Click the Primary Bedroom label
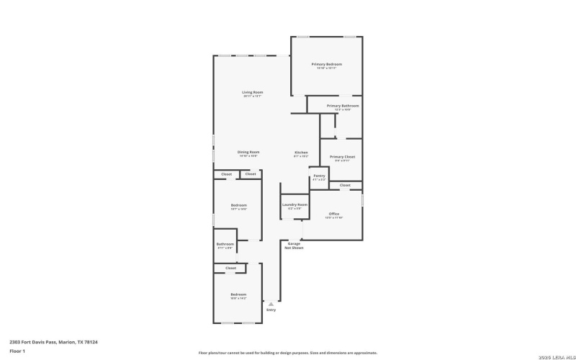(326, 64)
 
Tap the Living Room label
(252, 92)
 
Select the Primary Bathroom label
(343, 106)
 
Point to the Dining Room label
(248, 152)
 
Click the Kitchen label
(301, 152)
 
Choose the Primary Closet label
(343, 157)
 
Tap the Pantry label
(319, 176)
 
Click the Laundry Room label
(294, 205)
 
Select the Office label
(334, 214)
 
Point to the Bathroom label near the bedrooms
(225, 244)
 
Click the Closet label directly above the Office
(345, 185)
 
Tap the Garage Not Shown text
(294, 246)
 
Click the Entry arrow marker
(271, 304)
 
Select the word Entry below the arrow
(271, 310)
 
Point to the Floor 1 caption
(17, 351)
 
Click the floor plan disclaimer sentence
(288, 353)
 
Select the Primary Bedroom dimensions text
(326, 68)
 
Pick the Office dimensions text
(334, 217)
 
